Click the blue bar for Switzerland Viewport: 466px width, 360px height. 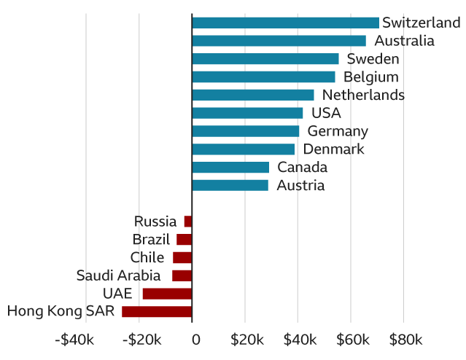click(285, 23)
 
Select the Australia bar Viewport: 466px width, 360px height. click(279, 41)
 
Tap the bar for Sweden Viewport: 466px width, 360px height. click(265, 59)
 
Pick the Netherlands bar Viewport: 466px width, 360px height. click(252, 95)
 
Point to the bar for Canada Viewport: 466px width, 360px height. click(230, 168)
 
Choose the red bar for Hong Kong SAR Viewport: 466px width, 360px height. click(157, 312)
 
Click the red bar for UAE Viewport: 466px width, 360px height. click(167, 294)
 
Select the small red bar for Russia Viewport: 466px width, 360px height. click(188, 222)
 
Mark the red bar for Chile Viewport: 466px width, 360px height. click(182, 257)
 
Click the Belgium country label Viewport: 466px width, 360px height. click(371, 77)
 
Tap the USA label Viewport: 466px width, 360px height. click(326, 113)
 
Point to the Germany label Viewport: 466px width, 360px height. click(338, 131)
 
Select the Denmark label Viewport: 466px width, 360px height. click(333, 149)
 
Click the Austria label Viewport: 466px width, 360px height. click(300, 186)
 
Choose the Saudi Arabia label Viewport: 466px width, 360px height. click(118, 275)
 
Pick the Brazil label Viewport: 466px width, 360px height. click(151, 240)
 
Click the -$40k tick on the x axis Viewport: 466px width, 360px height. click(74, 340)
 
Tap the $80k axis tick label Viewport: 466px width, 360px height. click(405, 340)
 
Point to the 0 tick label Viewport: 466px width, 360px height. click(196, 340)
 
